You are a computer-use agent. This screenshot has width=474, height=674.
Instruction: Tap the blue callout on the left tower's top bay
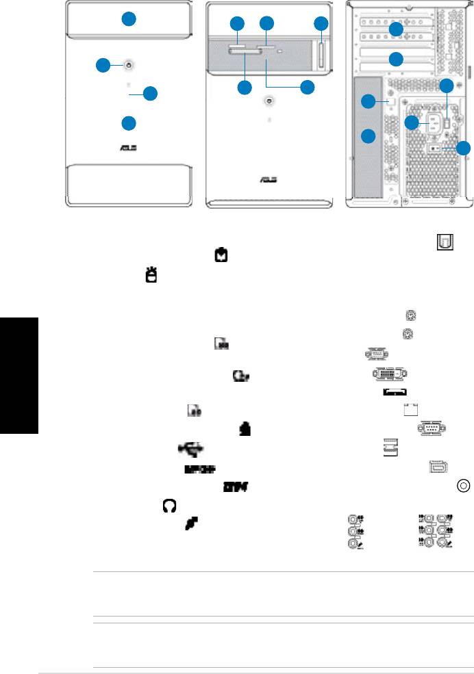128,19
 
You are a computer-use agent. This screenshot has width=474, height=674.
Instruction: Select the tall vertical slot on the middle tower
323,55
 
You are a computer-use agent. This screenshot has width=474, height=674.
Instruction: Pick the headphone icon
169,506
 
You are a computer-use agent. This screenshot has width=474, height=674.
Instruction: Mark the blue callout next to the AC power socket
411,122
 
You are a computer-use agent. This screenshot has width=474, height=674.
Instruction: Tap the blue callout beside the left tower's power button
103,66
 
